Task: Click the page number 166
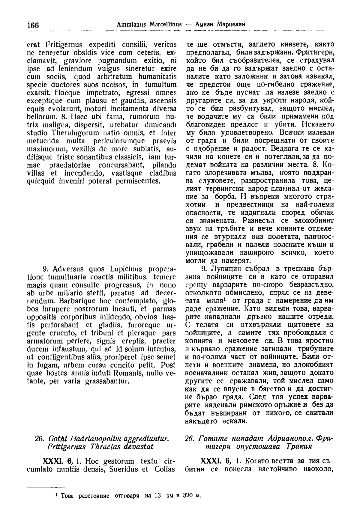tap(33, 26)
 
